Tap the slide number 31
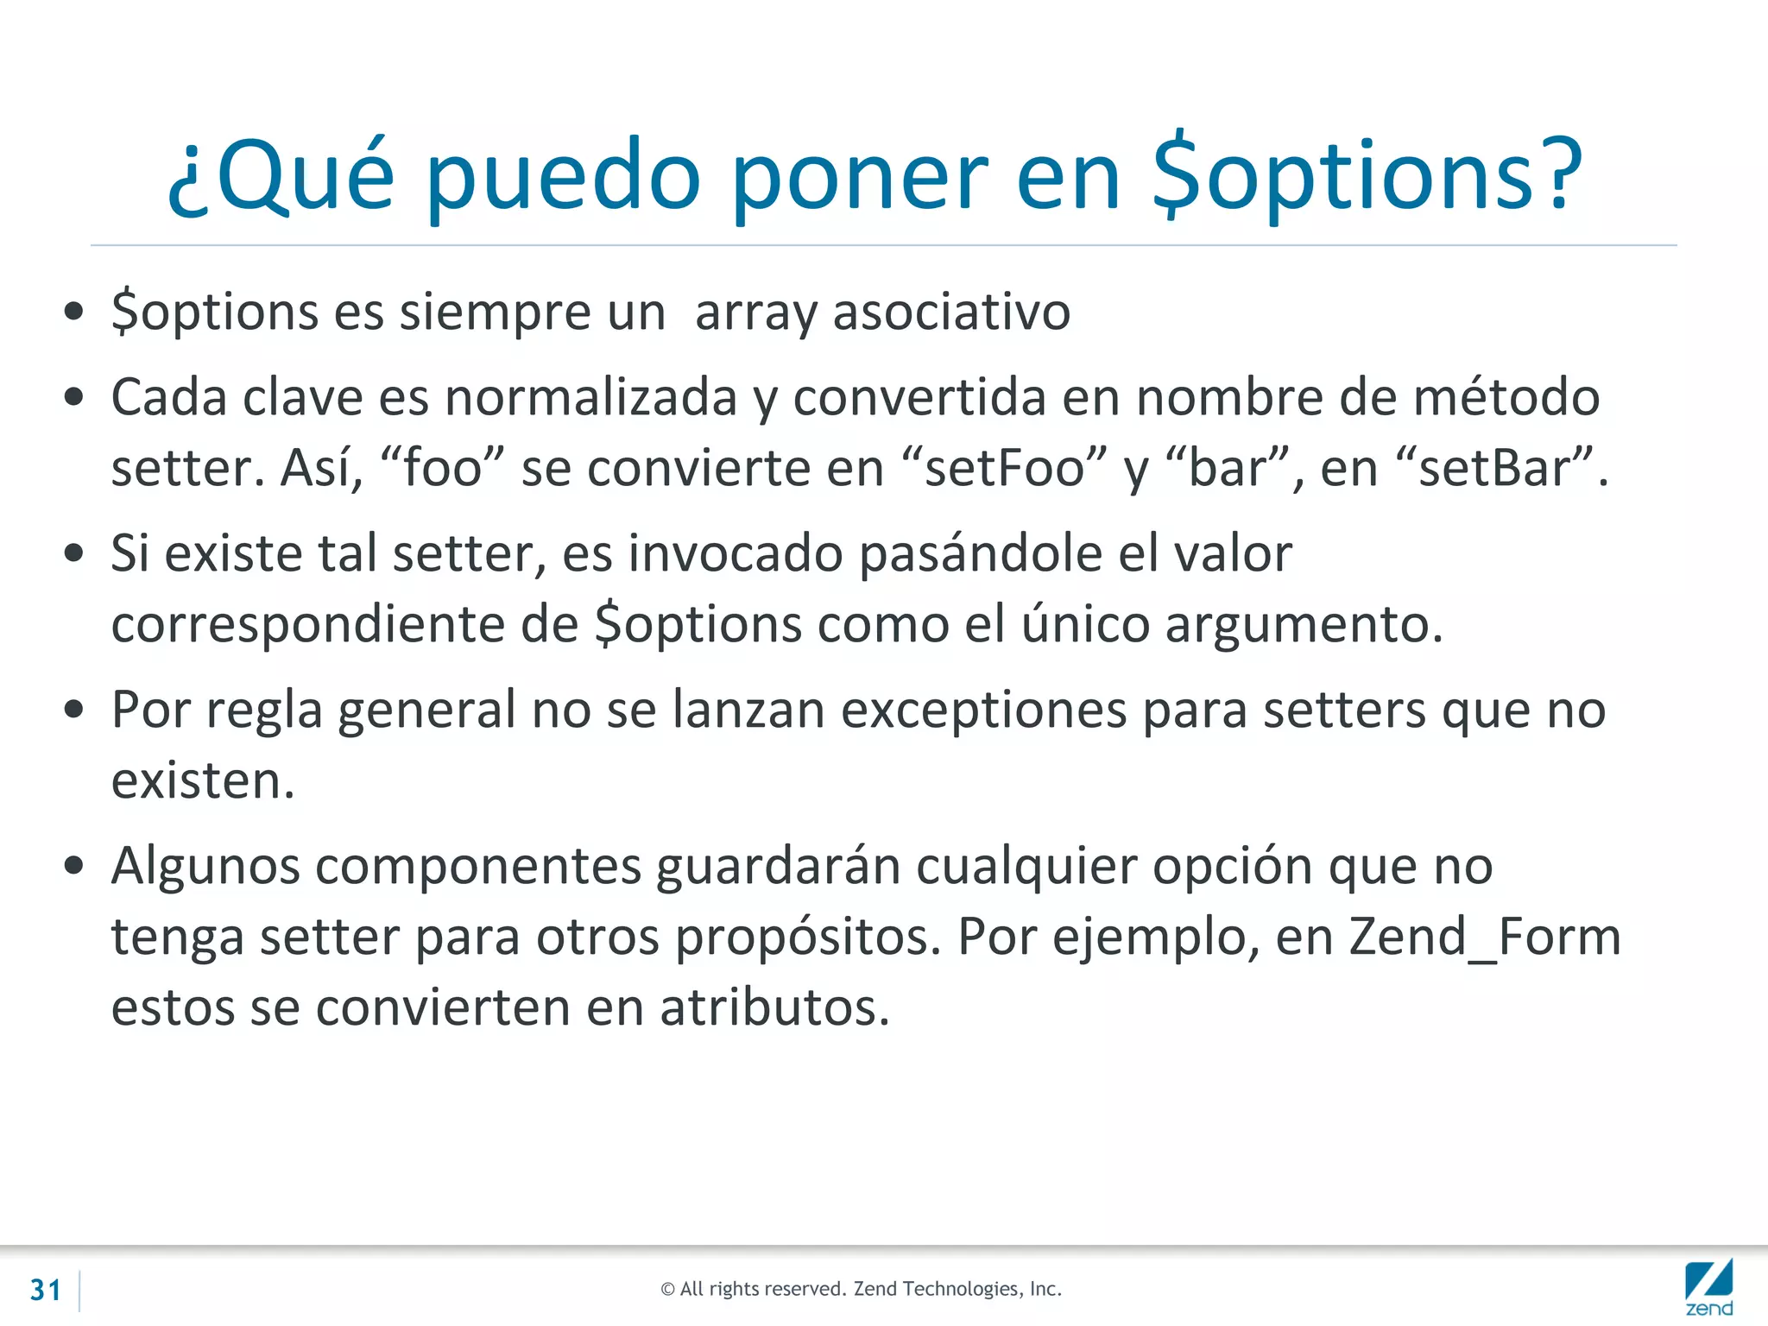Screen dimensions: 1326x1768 pyautogui.click(x=46, y=1290)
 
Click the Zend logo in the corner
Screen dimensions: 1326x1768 pyautogui.click(x=1708, y=1287)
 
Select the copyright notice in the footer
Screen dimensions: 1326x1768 pyautogui.click(x=861, y=1289)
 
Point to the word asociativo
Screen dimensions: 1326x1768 pyautogui.click(x=951, y=312)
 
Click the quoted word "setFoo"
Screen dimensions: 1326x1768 pyautogui.click(x=1003, y=469)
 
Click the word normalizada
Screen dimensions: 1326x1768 pyautogui.click(x=590, y=398)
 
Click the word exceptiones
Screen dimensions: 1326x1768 pyautogui.click(x=984, y=710)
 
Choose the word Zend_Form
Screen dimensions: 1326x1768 pyautogui.click(x=1485, y=937)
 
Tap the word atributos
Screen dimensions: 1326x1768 pyautogui.click(x=774, y=1007)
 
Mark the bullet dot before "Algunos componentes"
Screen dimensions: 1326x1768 pyautogui.click(x=74, y=865)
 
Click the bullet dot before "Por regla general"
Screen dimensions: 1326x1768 pyautogui.click(x=74, y=709)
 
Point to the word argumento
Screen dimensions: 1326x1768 pyautogui.click(x=1304, y=624)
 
